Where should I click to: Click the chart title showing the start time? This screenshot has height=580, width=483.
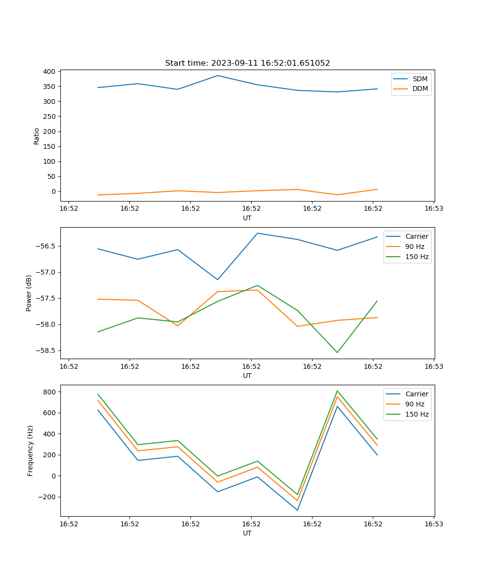pyautogui.click(x=247, y=63)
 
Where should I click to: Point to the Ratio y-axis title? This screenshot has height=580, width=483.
pyautogui.click(x=37, y=135)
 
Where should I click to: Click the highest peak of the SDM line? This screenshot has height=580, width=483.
pyautogui.click(x=217, y=75)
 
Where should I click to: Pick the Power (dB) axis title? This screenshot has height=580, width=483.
pyautogui.click(x=29, y=293)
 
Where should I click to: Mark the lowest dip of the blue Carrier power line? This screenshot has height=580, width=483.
pyautogui.click(x=217, y=279)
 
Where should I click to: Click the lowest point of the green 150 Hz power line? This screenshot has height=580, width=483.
pyautogui.click(x=337, y=352)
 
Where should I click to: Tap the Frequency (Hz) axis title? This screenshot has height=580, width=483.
pyautogui.click(x=30, y=450)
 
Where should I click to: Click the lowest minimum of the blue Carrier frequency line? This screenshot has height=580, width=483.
pyautogui.click(x=297, y=510)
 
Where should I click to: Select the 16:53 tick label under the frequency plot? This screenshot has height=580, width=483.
pyautogui.click(x=434, y=524)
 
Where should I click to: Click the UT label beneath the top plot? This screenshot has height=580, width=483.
pyautogui.click(x=247, y=218)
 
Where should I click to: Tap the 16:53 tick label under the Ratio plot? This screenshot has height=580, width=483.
pyautogui.click(x=434, y=209)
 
